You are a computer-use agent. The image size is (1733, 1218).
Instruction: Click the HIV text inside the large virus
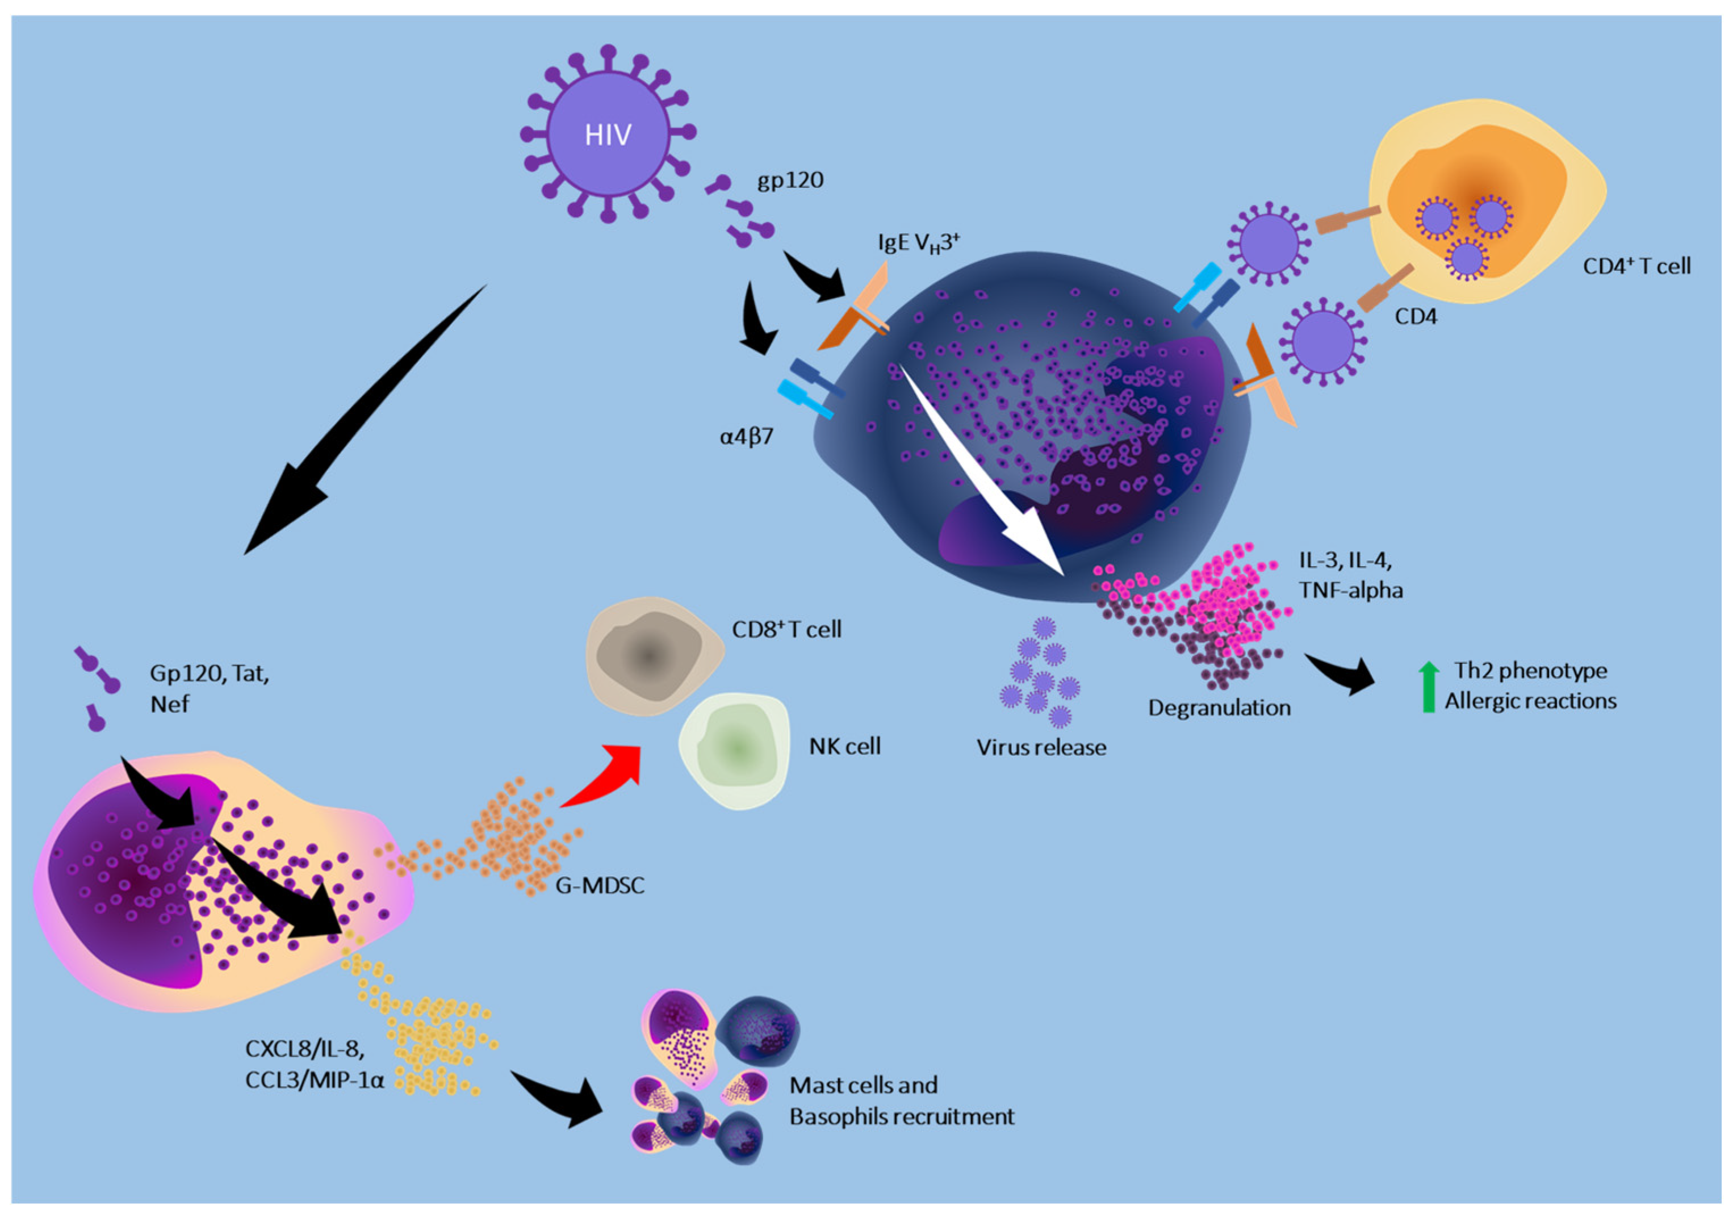608,136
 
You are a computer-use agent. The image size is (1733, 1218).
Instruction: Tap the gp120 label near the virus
789,181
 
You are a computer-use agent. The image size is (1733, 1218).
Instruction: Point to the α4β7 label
746,437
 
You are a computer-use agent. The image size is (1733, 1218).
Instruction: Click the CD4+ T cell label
1636,266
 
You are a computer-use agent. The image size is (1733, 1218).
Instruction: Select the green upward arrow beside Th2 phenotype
1428,687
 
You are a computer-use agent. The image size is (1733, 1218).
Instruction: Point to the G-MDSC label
600,885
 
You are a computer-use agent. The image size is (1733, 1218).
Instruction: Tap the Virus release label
1041,748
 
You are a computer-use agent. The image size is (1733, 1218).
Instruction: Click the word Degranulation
1219,708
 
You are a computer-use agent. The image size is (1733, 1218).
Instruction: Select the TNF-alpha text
1350,590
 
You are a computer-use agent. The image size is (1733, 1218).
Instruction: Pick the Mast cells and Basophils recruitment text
901,1101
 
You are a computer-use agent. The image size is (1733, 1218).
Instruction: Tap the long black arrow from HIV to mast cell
362,422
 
